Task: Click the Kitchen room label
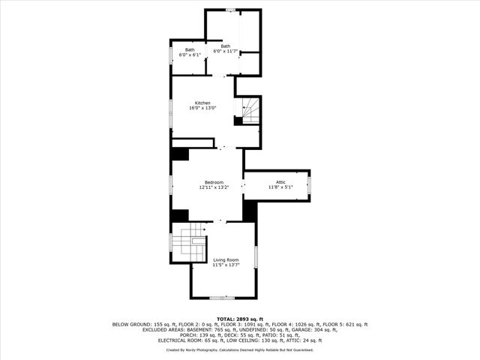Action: click(202, 103)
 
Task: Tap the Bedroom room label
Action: click(214, 182)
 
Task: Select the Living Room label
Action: click(225, 259)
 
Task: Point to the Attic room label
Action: click(280, 182)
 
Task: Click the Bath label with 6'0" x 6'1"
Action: click(190, 49)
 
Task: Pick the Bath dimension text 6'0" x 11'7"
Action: click(226, 51)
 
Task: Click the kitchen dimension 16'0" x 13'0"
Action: click(202, 108)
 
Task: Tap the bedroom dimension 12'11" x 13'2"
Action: click(214, 187)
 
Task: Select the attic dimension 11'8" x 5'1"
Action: click(280, 187)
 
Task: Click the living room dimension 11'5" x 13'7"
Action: click(225, 265)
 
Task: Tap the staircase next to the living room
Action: click(187, 244)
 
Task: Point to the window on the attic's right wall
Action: click(310, 185)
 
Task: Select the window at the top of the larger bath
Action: click(231, 10)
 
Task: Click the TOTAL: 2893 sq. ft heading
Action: click(240, 319)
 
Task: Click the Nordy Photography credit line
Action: click(240, 349)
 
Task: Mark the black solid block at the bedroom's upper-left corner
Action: click(180, 154)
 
